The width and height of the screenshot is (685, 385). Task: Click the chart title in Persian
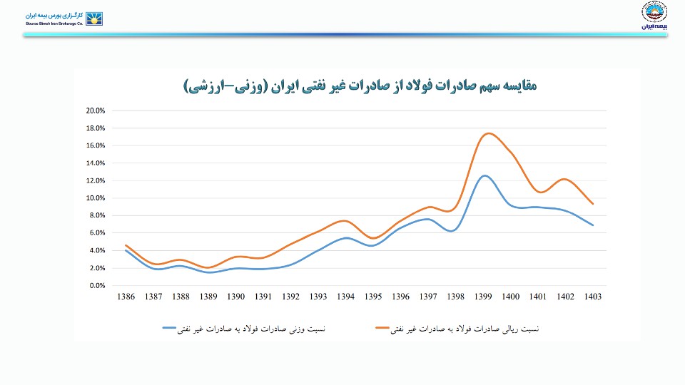(360, 86)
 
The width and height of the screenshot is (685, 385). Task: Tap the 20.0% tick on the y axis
(95, 111)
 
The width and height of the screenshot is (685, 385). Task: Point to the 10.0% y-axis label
(95, 198)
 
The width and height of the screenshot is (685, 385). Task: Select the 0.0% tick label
(97, 286)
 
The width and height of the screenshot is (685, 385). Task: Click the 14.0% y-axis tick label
(95, 163)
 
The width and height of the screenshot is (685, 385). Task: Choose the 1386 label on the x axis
(126, 297)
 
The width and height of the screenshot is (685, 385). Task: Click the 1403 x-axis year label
(592, 297)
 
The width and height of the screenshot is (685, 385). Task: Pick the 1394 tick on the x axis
(345, 297)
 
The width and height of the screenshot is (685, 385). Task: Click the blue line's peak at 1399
(485, 175)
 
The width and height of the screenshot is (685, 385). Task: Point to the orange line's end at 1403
(593, 204)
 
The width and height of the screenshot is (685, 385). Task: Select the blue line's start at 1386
(126, 250)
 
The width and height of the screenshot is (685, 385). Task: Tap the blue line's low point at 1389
(208, 272)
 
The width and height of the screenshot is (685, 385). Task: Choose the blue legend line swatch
(180, 329)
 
